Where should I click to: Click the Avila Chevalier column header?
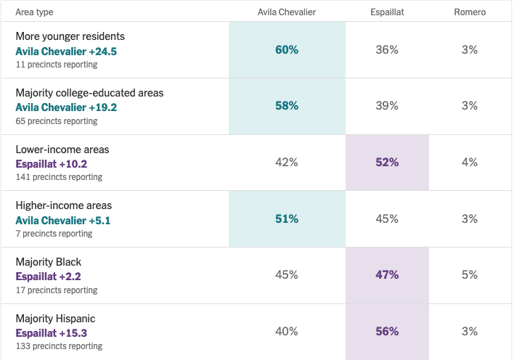tap(287, 12)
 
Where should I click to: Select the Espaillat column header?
tap(387, 12)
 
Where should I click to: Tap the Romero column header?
tap(470, 12)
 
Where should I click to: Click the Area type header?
tap(34, 12)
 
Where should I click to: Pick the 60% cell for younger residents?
tap(287, 50)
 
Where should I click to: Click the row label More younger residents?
tap(70, 36)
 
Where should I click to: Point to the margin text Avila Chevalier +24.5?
tap(66, 52)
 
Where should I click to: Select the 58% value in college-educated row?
tap(287, 105)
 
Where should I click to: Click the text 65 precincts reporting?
tap(57, 121)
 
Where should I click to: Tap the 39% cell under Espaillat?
tap(387, 105)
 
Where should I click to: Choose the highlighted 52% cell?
tap(387, 163)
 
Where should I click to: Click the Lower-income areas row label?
tap(62, 150)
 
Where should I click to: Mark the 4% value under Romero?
tap(470, 163)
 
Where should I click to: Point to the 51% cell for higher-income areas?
tap(287, 218)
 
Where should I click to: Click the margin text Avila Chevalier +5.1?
tap(63, 221)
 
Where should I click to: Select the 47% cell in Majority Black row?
tap(387, 275)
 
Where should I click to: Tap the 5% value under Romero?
tap(470, 275)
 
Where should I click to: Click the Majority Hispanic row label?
tap(55, 319)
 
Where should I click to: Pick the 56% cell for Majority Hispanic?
tap(387, 332)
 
